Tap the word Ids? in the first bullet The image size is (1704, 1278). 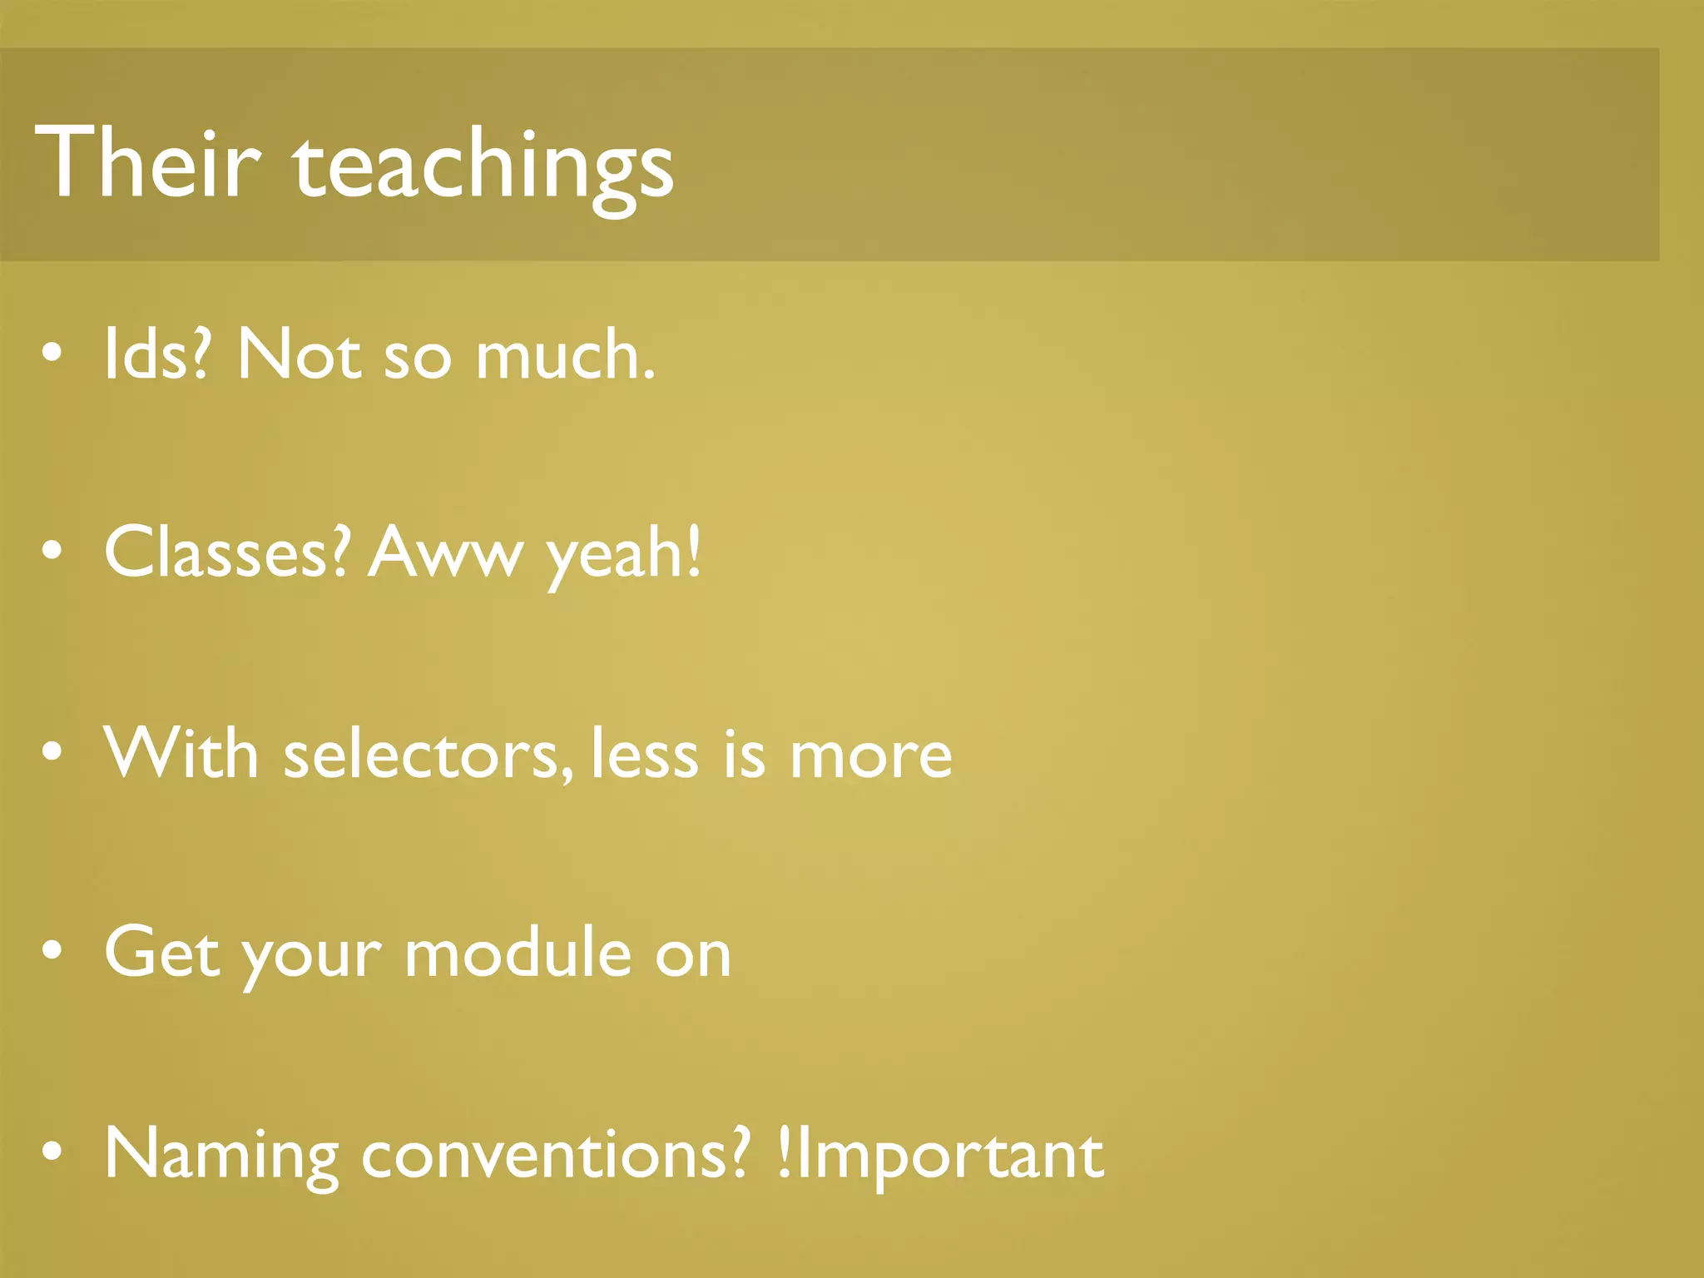click(x=156, y=354)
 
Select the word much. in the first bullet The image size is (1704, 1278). click(x=565, y=354)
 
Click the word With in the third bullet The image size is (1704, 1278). click(x=181, y=753)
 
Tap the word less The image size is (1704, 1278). click(x=644, y=753)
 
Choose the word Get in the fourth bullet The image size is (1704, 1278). click(x=161, y=952)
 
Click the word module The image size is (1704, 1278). click(x=518, y=952)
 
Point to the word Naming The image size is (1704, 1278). click(x=221, y=1157)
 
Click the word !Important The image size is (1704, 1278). click(x=940, y=1157)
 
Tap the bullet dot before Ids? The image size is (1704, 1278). click(x=52, y=354)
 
